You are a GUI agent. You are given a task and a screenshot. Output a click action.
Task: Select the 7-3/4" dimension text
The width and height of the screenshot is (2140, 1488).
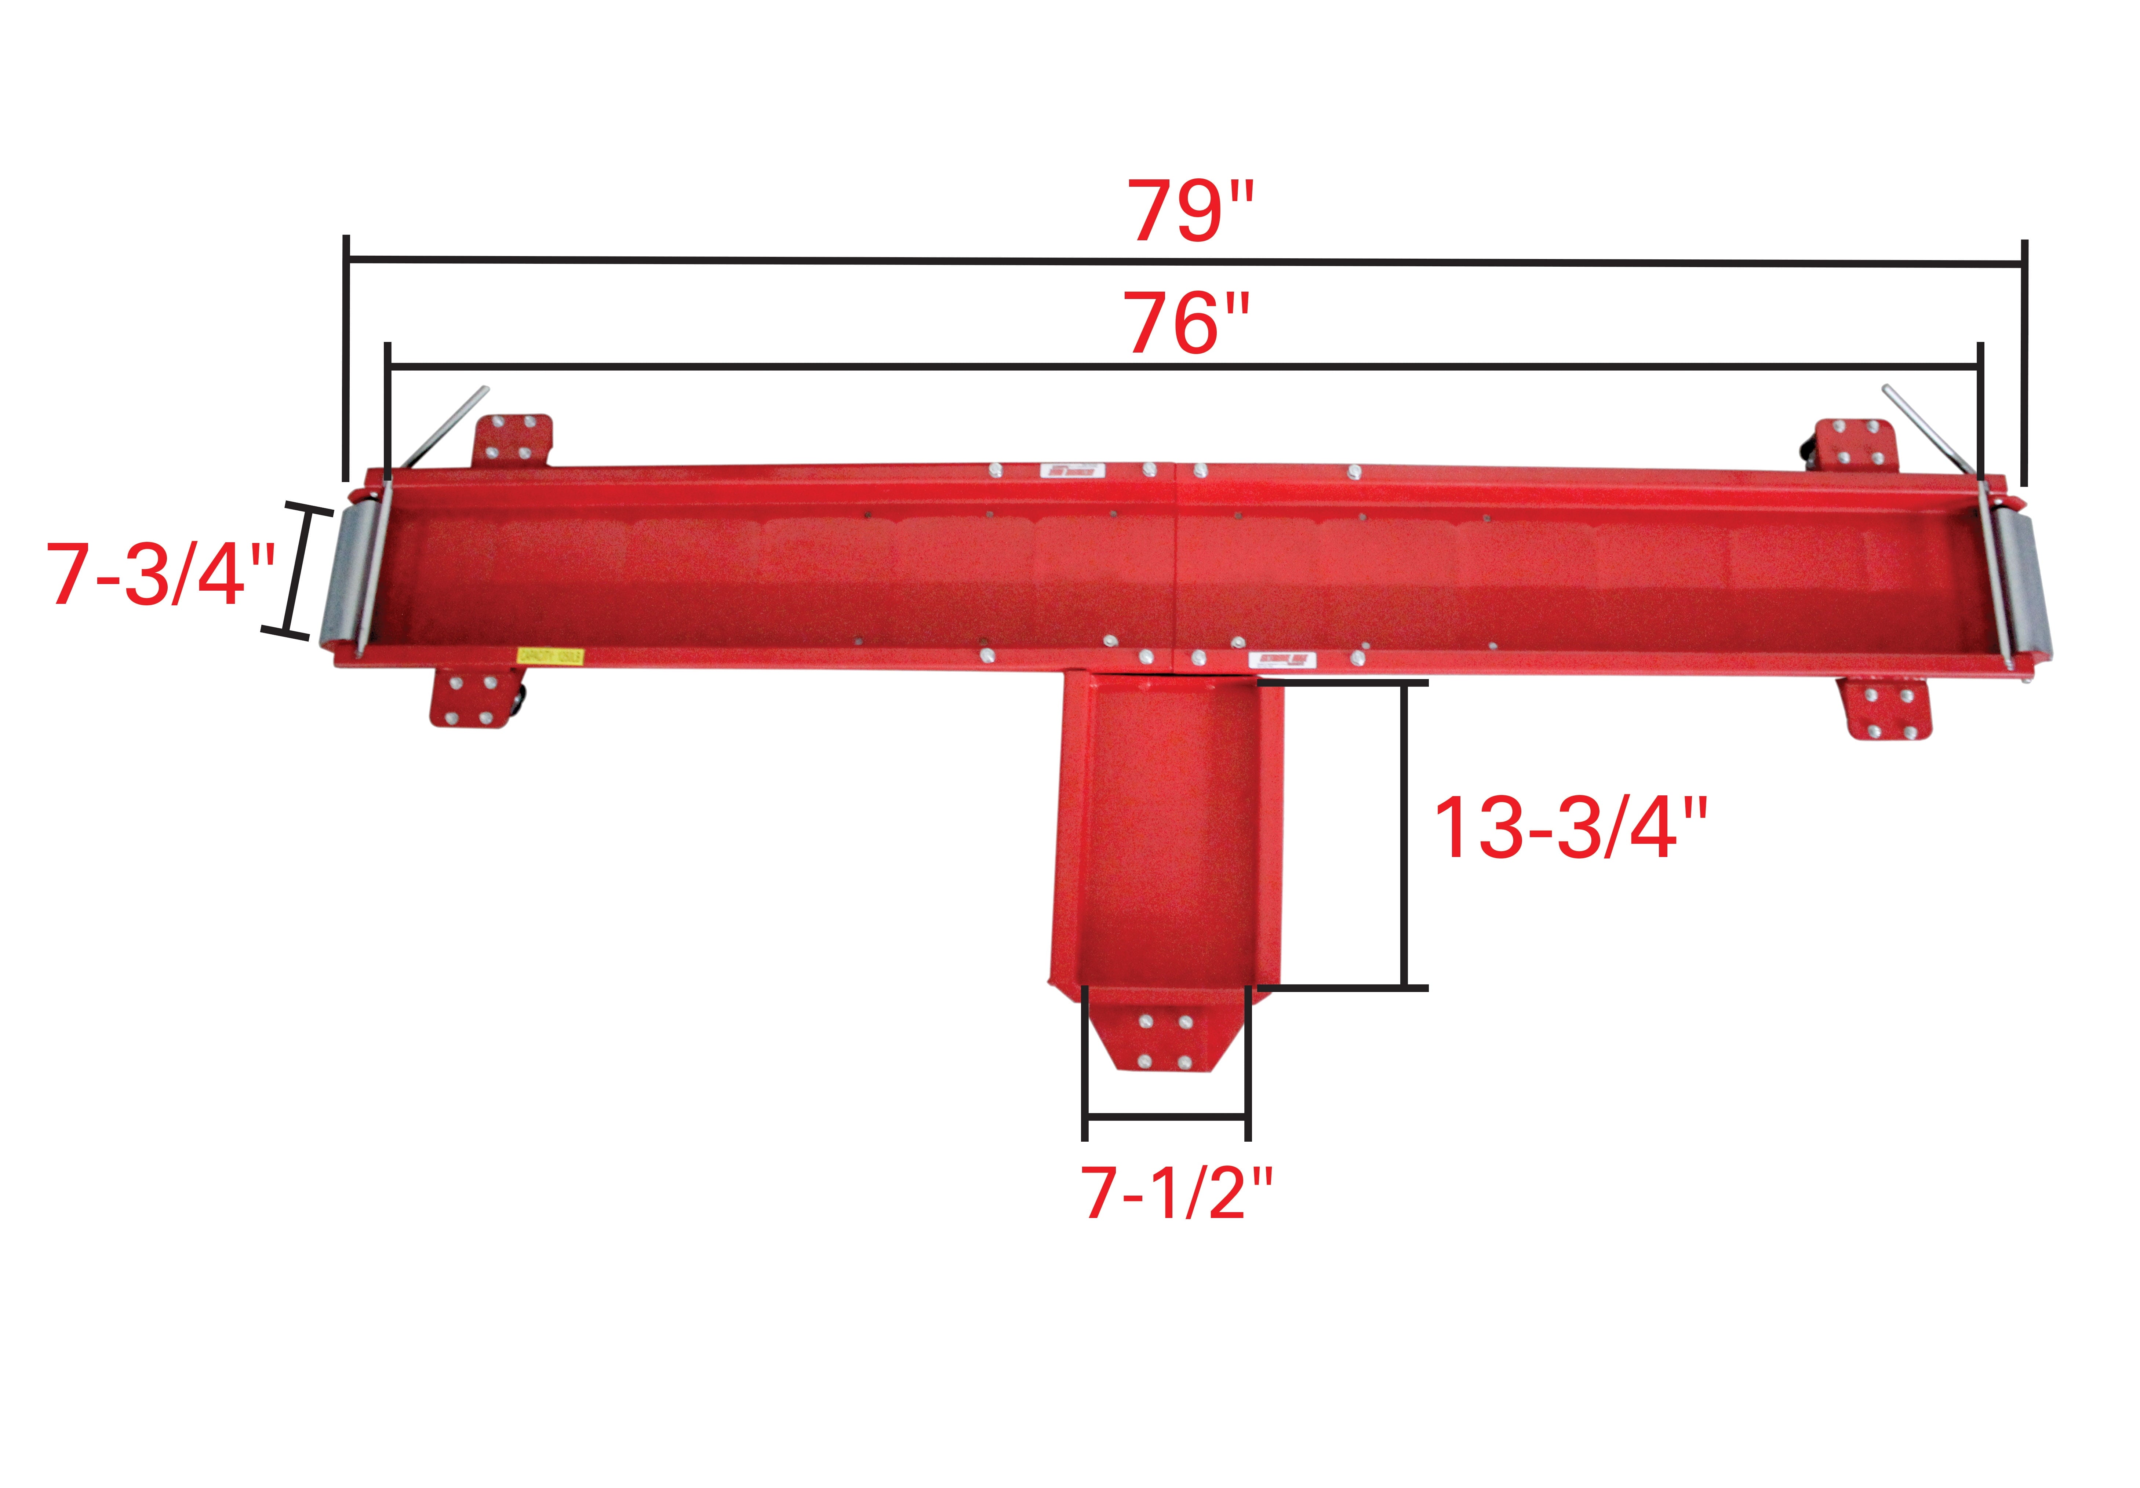160,576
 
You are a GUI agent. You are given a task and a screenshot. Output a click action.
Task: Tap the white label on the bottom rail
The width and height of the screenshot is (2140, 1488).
1282,661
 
